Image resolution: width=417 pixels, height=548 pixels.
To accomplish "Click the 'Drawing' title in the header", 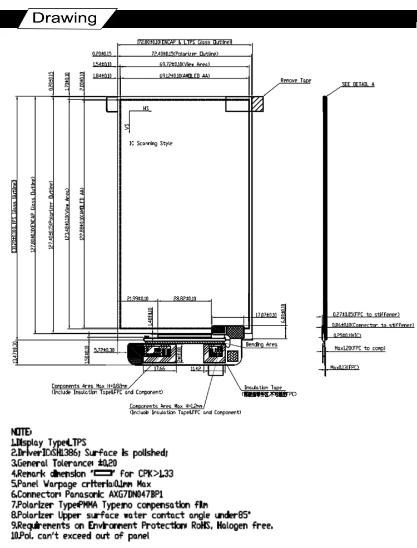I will [x=64, y=18].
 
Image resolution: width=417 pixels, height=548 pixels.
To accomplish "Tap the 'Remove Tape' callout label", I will [x=295, y=81].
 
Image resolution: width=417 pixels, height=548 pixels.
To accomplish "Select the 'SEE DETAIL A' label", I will [x=358, y=84].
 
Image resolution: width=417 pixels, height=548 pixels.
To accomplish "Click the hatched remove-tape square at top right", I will [x=257, y=104].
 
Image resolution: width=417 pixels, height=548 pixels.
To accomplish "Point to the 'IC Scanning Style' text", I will [x=151, y=144].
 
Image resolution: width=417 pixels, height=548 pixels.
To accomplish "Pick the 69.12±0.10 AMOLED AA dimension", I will [x=185, y=75].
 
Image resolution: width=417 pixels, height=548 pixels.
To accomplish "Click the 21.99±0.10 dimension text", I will [x=138, y=299].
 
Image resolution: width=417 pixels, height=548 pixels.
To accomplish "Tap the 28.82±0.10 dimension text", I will [x=185, y=299].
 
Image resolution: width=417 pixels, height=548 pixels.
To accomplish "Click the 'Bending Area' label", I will [x=262, y=345].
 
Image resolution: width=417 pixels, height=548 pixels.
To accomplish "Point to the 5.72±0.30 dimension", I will [x=104, y=350].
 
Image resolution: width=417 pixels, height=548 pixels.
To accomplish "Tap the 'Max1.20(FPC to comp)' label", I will [x=360, y=348].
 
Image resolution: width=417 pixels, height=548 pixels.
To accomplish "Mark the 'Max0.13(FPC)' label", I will [x=345, y=367].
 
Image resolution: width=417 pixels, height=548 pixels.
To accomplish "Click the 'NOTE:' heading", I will [x=22, y=432].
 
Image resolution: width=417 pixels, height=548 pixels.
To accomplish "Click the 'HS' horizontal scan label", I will [x=146, y=110].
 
